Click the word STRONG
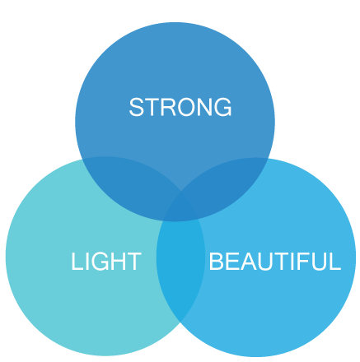point(180,107)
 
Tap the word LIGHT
point(106,262)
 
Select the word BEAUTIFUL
point(274,262)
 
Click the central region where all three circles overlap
point(180,207)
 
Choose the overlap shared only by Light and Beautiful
point(180,263)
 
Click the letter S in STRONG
point(136,107)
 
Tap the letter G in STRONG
point(222,107)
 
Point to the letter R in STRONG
point(168,107)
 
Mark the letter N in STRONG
point(203,107)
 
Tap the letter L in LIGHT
point(77,262)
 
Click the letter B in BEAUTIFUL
point(217,262)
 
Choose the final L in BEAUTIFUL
point(335,262)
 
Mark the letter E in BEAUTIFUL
point(233,262)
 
